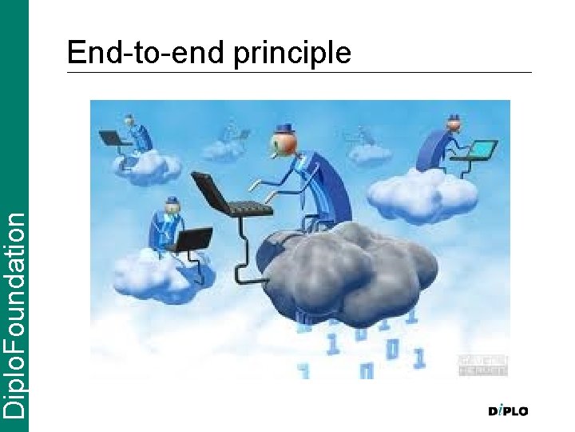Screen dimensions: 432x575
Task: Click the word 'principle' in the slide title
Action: (292, 54)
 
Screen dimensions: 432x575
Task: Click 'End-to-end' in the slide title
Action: (149, 52)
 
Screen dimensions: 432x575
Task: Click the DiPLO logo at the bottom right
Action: (508, 411)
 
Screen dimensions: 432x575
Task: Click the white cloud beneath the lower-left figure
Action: (164, 272)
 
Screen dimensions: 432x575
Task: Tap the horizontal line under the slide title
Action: (299, 72)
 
